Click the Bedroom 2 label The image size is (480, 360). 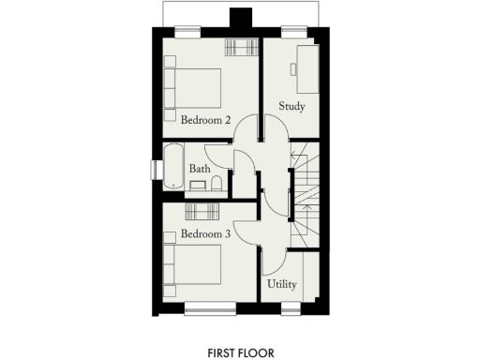point(206,120)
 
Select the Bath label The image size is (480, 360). point(199,169)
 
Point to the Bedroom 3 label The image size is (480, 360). point(206,232)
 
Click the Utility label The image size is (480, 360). point(282,283)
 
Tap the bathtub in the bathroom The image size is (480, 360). point(173,168)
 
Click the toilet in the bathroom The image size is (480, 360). point(216,183)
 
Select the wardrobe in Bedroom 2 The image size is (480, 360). point(240,49)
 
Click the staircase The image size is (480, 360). point(306,197)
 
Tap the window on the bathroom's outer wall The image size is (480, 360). point(156,169)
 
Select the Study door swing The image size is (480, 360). point(272,128)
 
